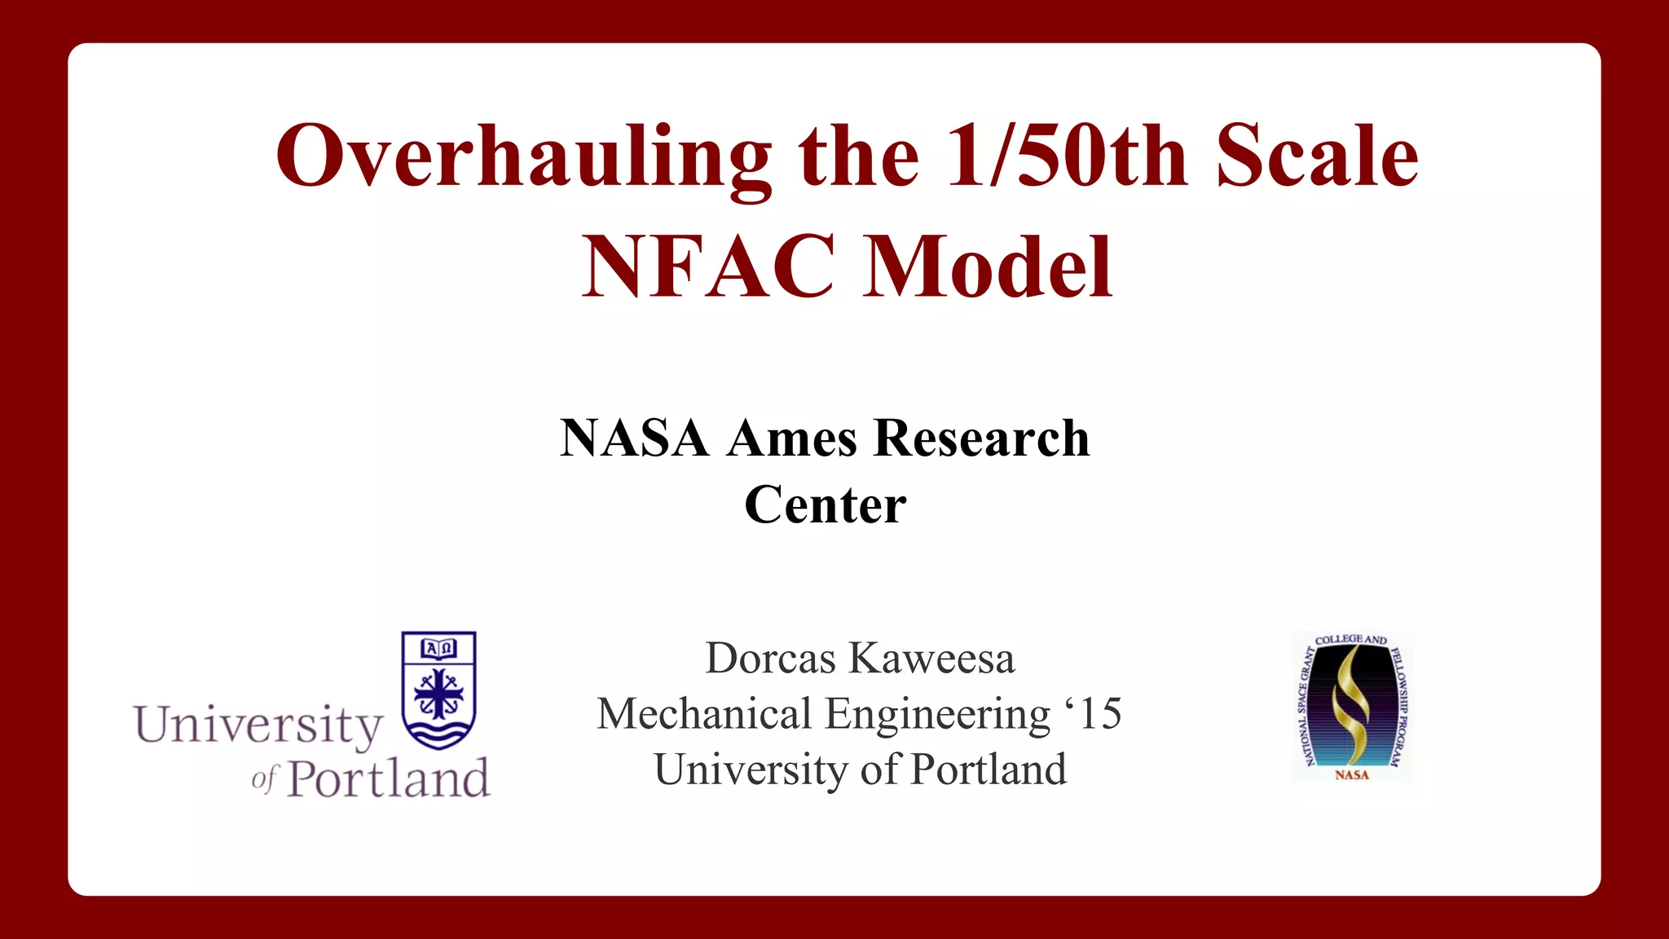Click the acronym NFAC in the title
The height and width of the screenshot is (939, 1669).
coord(708,267)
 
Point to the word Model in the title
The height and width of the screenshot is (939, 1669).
coord(988,267)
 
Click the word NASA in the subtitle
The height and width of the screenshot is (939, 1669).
coord(634,439)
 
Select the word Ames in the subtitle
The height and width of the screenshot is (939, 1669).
coord(792,439)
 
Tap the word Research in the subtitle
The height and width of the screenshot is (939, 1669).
coord(981,439)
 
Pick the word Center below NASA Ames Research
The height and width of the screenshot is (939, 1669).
coord(825,505)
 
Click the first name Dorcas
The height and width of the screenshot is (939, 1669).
coord(770,659)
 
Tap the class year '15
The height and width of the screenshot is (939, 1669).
coord(1094,714)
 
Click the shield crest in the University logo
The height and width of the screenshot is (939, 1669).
coord(438,690)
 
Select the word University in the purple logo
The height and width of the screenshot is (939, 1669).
coord(258,725)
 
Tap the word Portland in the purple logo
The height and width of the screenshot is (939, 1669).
coord(389,779)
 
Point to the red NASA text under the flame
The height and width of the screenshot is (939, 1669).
coord(1352,775)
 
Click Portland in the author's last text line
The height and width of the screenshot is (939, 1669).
coord(988,769)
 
